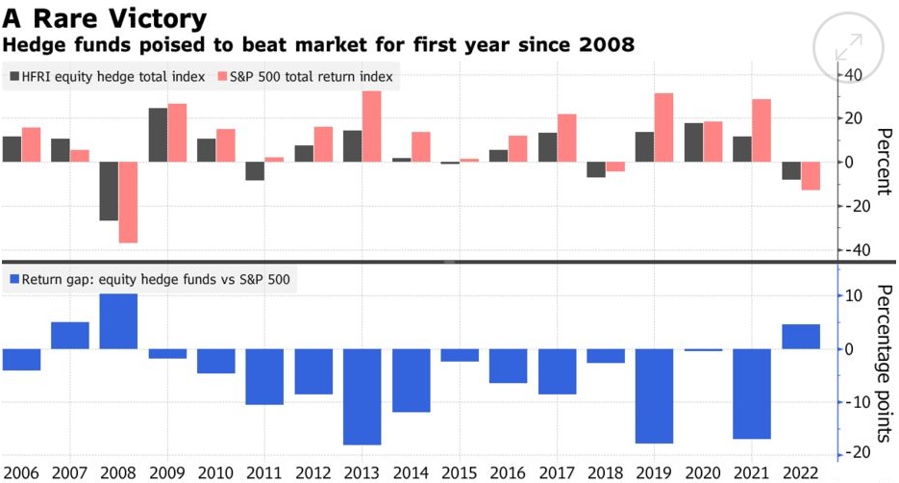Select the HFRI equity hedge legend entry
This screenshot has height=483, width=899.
point(107,77)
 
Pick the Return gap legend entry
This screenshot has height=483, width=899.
point(153,280)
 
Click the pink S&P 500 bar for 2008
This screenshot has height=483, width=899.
point(129,202)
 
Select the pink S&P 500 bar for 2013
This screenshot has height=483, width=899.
point(372,126)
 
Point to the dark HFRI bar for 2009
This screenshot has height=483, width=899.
point(158,135)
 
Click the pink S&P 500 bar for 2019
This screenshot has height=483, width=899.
point(663,127)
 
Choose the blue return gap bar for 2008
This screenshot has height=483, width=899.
point(119,321)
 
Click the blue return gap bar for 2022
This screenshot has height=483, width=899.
point(800,337)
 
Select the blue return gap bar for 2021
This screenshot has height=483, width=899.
point(751,394)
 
